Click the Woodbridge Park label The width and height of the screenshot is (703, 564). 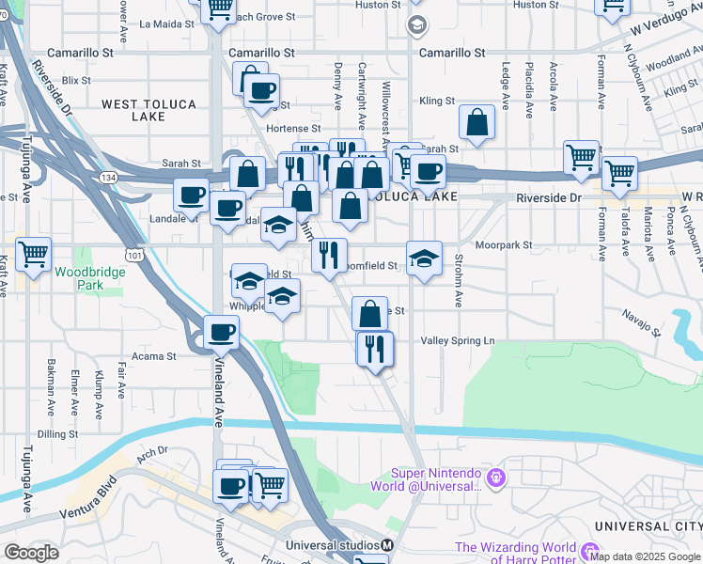[x=77, y=277]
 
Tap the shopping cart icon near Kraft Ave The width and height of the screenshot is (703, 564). [x=33, y=253]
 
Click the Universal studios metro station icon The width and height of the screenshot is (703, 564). [x=387, y=545]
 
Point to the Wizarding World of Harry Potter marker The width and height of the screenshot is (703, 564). [x=589, y=552]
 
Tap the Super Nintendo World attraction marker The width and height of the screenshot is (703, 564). [x=495, y=478]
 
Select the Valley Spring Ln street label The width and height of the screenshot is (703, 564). [x=458, y=340]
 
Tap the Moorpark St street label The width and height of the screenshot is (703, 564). [x=503, y=245]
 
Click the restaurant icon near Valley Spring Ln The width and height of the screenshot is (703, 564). [x=374, y=349]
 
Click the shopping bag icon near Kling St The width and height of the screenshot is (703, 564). [x=477, y=123]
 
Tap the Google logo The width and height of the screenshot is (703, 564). [x=32, y=553]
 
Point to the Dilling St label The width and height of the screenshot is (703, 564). [x=56, y=434]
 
